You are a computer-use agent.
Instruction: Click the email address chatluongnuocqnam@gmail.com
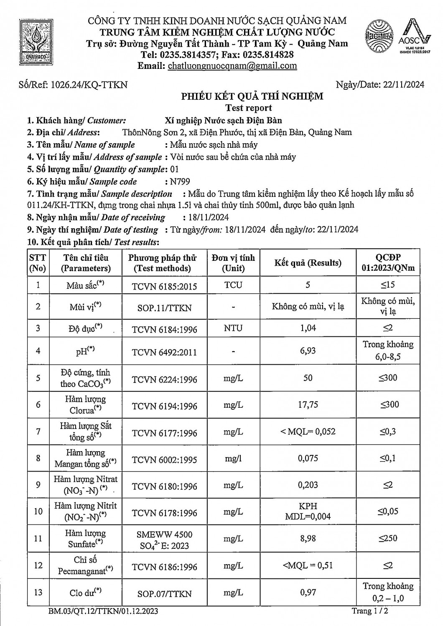click(x=232, y=66)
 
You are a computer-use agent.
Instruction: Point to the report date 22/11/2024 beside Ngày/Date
click(x=402, y=85)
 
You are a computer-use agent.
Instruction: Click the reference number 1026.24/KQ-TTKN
click(x=89, y=85)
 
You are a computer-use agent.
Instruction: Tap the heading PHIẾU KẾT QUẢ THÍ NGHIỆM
click(x=252, y=97)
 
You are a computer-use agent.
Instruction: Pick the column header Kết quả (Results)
click(x=308, y=263)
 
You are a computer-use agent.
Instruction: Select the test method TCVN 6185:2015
click(x=164, y=286)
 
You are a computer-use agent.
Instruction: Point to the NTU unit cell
click(x=233, y=328)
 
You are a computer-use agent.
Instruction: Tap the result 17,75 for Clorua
click(x=308, y=405)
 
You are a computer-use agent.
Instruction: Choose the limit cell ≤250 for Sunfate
click(x=388, y=538)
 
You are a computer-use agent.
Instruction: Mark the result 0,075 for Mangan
click(x=308, y=458)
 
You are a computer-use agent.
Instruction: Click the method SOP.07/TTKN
click(x=164, y=593)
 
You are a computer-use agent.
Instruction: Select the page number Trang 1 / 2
click(x=372, y=611)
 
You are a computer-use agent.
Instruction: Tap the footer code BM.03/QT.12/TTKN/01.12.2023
click(x=103, y=612)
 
